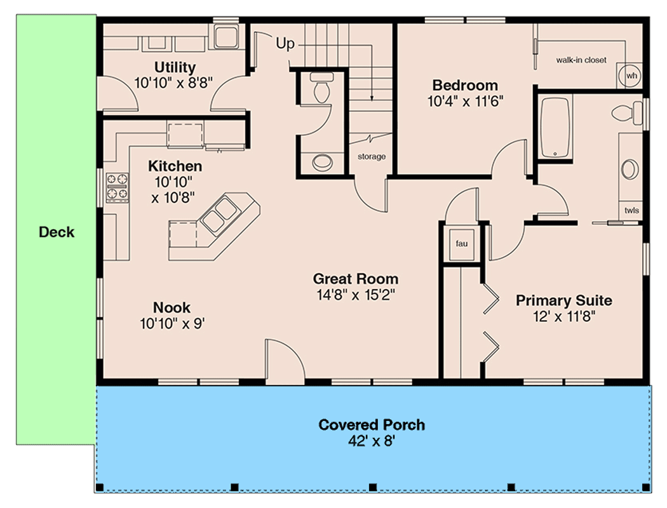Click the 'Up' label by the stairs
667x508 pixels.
click(x=285, y=44)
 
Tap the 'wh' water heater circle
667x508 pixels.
click(x=631, y=76)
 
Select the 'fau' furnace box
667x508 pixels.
click(x=462, y=243)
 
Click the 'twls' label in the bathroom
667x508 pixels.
click(x=631, y=211)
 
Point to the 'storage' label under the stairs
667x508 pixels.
click(x=371, y=156)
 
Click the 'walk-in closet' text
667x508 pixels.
click(x=581, y=60)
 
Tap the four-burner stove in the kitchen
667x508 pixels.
click(x=117, y=186)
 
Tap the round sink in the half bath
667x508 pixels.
click(x=323, y=162)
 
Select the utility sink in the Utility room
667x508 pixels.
click(x=225, y=37)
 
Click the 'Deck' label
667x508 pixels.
click(x=57, y=232)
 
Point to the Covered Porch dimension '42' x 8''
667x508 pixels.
click(x=372, y=441)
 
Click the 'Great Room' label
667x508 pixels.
click(x=356, y=279)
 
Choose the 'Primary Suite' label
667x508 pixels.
click(x=563, y=300)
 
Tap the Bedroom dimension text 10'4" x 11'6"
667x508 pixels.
click(x=464, y=100)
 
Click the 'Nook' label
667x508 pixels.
click(x=172, y=308)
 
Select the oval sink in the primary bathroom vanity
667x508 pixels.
click(x=629, y=170)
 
